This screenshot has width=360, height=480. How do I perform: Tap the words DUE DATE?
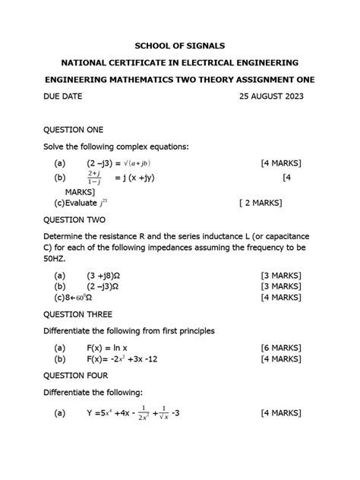tap(63, 97)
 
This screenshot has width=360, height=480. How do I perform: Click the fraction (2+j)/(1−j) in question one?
tap(95, 178)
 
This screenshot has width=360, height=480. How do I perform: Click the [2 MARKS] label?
tap(260, 203)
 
